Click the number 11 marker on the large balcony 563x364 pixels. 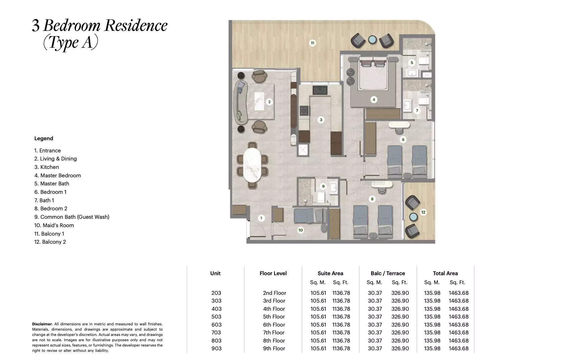pyautogui.click(x=313, y=43)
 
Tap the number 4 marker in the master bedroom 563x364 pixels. pyautogui.click(x=374, y=100)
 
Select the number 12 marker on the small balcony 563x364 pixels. pyautogui.click(x=423, y=212)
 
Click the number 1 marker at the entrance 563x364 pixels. pyautogui.click(x=261, y=218)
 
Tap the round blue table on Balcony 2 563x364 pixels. pyautogui.click(x=413, y=217)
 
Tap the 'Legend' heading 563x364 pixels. pyautogui.click(x=44, y=138)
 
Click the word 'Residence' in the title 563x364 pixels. pyautogui.click(x=136, y=26)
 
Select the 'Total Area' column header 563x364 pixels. pyautogui.click(x=445, y=273)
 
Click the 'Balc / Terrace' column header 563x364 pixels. pyautogui.click(x=388, y=273)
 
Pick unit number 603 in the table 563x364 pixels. pyautogui.click(x=216, y=325)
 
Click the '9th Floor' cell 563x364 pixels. pyautogui.click(x=274, y=348)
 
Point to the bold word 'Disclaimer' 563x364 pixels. pyautogui.click(x=42, y=324)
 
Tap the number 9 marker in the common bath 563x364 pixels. pyautogui.click(x=323, y=186)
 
